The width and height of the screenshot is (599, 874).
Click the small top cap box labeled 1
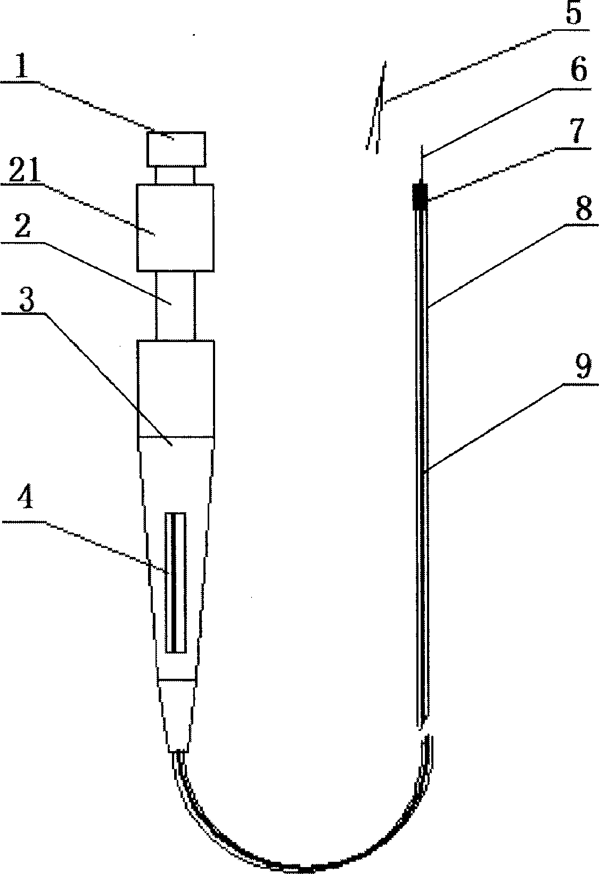(176, 148)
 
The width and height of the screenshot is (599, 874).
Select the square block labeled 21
(175, 228)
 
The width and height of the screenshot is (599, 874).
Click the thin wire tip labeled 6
(421, 165)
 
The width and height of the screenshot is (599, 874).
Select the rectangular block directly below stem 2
(176, 388)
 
